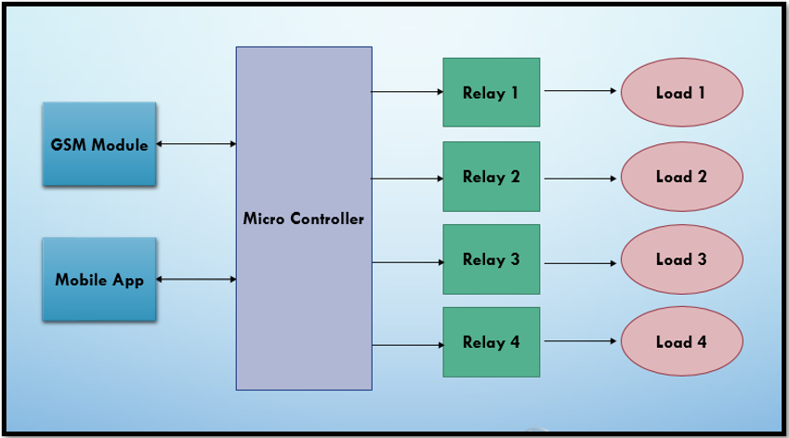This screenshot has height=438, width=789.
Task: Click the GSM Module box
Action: [x=99, y=144]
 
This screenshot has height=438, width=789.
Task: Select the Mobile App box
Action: [x=99, y=279]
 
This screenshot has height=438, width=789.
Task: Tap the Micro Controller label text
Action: [x=303, y=219]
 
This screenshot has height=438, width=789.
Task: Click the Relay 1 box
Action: [x=491, y=92]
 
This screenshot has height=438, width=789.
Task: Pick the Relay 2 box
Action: [x=491, y=177]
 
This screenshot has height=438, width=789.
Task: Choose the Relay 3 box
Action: [x=491, y=259]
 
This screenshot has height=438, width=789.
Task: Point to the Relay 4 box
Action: [x=491, y=342]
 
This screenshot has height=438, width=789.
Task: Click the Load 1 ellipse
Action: [x=682, y=92]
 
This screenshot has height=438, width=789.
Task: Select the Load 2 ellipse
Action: [x=682, y=177]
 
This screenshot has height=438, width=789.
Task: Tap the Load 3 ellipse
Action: [x=682, y=259]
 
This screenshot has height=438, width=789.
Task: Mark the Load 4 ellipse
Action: [x=682, y=341]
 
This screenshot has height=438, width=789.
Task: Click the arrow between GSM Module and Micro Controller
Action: [x=196, y=144]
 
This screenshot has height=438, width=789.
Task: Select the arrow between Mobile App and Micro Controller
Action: [x=196, y=279]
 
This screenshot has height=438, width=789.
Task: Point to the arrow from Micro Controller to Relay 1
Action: [x=407, y=92]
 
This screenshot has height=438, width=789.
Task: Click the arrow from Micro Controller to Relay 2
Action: [x=407, y=179]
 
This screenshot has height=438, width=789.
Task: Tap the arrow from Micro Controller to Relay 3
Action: [x=408, y=262]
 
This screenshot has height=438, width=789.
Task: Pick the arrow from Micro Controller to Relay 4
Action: [x=408, y=345]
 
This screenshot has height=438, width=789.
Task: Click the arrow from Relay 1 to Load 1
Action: [x=580, y=90]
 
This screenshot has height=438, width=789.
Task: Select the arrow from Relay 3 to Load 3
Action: [x=580, y=263]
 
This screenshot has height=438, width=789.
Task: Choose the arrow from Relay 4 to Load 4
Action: [x=580, y=341]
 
